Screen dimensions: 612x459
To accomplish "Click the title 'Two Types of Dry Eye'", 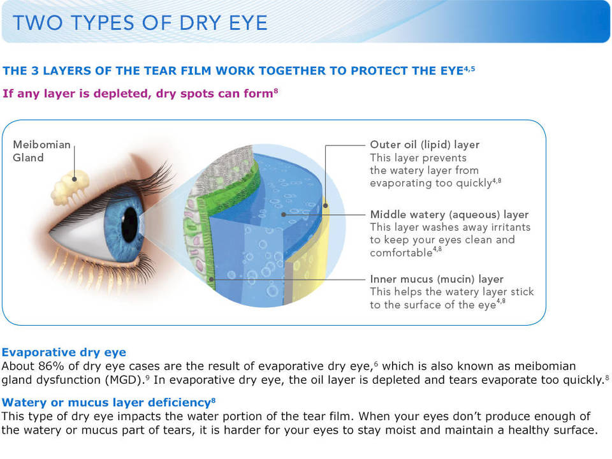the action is tap(140, 23).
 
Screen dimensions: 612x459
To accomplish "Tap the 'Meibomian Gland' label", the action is tap(42, 151).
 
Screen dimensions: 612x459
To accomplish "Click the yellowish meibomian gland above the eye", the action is tap(71, 187).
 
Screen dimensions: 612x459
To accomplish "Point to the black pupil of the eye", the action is tap(129, 224).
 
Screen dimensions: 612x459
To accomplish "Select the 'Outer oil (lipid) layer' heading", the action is tap(425, 145).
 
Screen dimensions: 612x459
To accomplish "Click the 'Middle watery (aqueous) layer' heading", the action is tap(449, 215).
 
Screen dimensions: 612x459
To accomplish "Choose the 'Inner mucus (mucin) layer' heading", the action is tap(437, 279).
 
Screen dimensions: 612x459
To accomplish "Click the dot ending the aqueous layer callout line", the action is tap(284, 214).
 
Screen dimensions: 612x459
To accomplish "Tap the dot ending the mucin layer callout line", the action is tap(212, 279).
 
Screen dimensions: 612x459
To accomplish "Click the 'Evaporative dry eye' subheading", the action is tap(64, 353).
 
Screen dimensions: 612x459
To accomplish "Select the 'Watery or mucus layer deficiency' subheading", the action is tap(106, 402).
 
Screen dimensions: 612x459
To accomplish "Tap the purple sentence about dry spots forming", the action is tap(138, 94).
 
